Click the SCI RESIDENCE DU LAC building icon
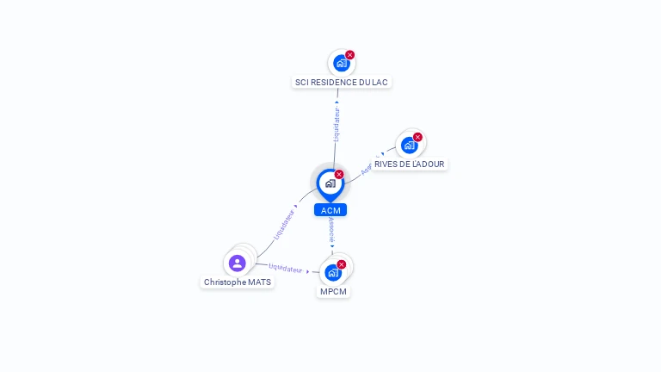pos(341,63)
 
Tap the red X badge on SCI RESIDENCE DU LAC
pos(350,55)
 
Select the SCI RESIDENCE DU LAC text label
pos(342,83)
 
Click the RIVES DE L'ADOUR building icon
pos(409,145)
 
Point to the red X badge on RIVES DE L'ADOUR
pos(417,137)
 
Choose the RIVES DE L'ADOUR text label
pos(409,164)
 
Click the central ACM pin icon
pos(330,183)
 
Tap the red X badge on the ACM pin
pos(339,175)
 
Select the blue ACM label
pos(330,210)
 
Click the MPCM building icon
pos(332,272)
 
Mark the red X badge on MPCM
pos(342,264)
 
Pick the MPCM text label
pos(333,291)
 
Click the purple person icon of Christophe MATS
pos(237,263)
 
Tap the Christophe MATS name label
pos(238,282)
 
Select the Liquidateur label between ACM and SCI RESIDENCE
pos(337,123)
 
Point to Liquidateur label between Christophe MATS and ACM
pos(284,224)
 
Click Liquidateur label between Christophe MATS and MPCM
pos(286,268)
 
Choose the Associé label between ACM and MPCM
pos(331,228)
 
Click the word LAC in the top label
pos(380,83)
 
